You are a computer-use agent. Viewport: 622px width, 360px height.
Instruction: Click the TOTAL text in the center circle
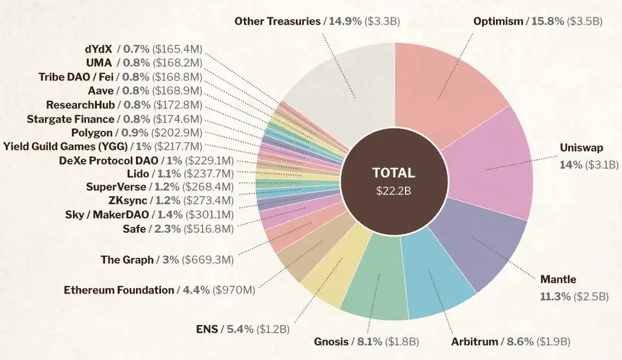coord(394,173)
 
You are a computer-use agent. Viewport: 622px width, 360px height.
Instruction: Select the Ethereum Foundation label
coord(119,289)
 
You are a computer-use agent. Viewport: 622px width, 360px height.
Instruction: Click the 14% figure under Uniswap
coord(571,165)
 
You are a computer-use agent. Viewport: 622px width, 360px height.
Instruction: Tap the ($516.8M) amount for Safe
coord(208,229)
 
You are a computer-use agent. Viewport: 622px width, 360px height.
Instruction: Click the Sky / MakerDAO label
coord(107,215)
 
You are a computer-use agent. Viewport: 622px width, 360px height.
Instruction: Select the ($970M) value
coord(233,289)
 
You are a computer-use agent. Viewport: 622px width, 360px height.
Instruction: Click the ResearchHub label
coord(80,105)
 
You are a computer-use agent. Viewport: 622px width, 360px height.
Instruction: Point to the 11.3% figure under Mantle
coord(555,296)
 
